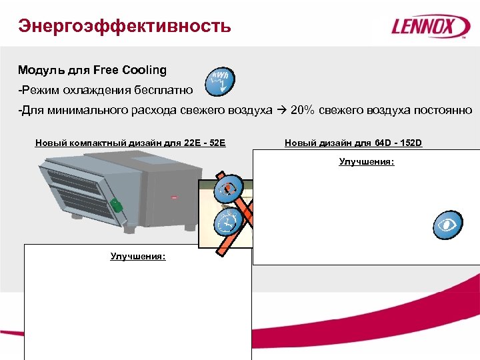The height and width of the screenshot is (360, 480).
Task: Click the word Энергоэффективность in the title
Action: click(125, 26)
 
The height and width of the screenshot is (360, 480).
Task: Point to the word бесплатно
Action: click(161, 89)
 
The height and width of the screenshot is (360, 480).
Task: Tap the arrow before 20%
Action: click(282, 110)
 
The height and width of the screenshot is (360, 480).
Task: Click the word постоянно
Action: click(442, 110)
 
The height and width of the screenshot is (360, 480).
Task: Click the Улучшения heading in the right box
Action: click(366, 161)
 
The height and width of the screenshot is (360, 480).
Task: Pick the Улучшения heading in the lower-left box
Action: click(138, 256)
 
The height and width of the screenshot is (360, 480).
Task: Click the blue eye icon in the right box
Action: click(447, 225)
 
